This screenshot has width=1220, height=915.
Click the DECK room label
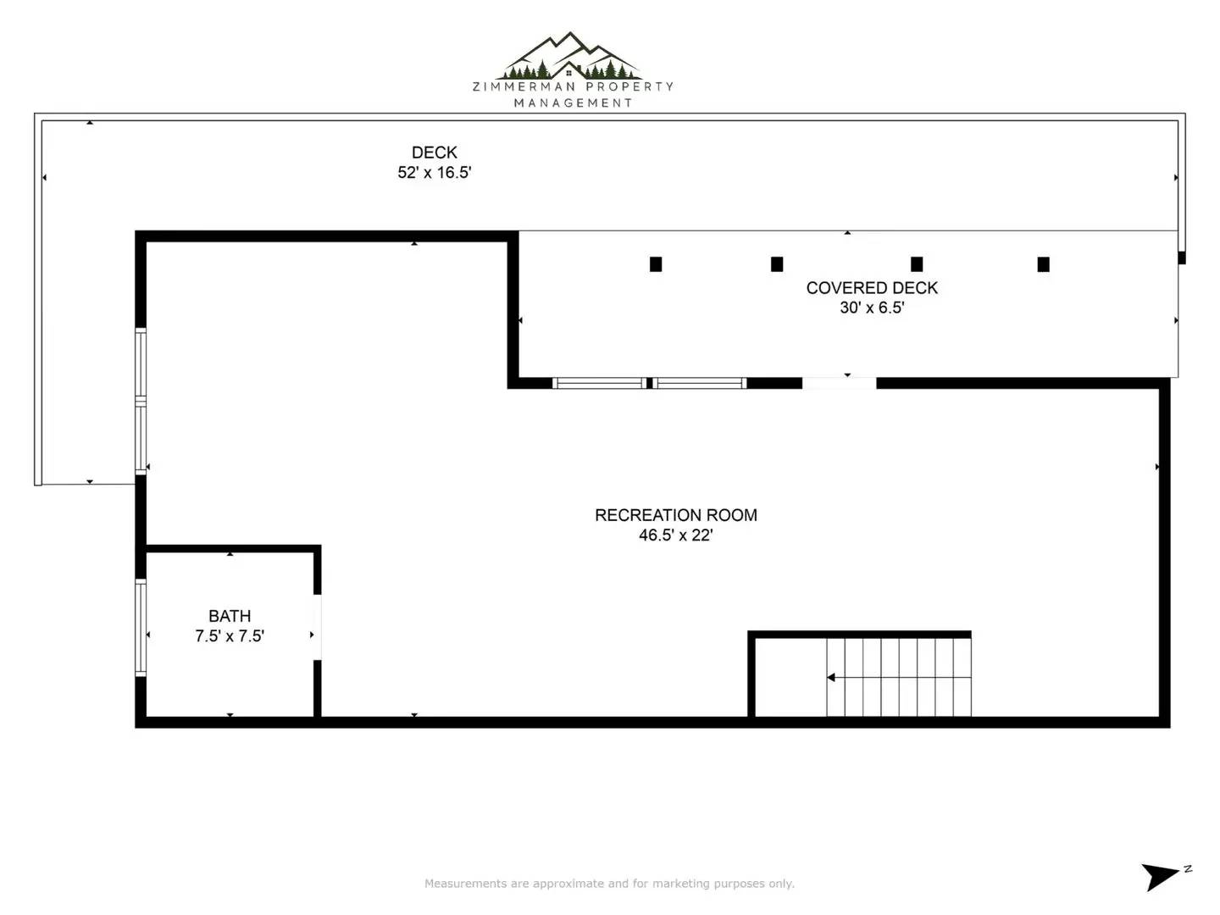[x=434, y=152]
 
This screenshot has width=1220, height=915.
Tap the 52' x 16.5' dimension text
[x=434, y=172]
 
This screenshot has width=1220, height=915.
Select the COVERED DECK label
[x=872, y=288]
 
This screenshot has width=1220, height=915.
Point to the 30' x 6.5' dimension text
[x=872, y=308]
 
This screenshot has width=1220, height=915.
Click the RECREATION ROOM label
[x=676, y=515]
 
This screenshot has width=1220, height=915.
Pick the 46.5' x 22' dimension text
[x=676, y=535]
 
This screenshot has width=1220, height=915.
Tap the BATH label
[x=230, y=616]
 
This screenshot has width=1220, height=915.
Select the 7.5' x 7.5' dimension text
[x=230, y=635]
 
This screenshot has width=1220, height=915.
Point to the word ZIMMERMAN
[x=524, y=86]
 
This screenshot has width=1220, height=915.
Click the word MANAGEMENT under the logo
[x=573, y=103]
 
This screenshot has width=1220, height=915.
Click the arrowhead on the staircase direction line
[x=831, y=677]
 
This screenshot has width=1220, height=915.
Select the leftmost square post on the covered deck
[x=656, y=263]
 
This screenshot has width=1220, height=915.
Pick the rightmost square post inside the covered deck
[x=1043, y=263]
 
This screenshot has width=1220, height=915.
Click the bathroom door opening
[x=318, y=627]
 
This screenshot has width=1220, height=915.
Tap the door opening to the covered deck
[x=840, y=383]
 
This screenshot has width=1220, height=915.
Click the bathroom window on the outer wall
[x=141, y=628]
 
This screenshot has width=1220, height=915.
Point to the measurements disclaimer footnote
[x=610, y=883]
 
